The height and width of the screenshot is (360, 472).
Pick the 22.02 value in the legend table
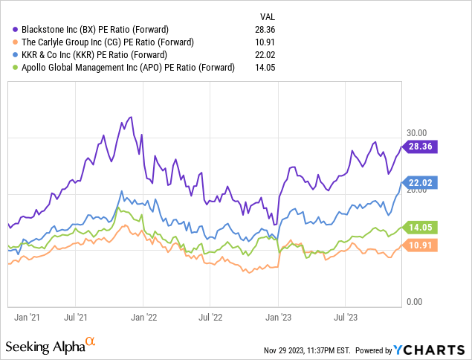pyautogui.click(x=268, y=54)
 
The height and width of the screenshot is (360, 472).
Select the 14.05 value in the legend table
pyautogui.click(x=268, y=67)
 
